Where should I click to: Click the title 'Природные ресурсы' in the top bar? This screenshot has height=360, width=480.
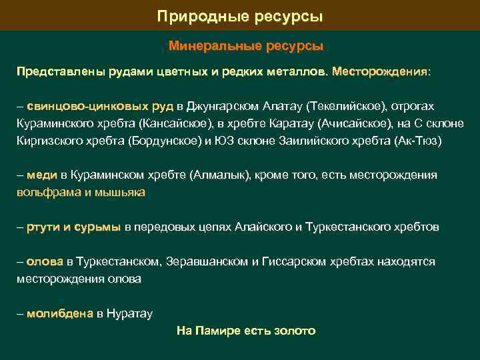pyautogui.click(x=240, y=15)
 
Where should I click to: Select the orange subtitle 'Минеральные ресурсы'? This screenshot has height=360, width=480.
pyautogui.click(x=246, y=47)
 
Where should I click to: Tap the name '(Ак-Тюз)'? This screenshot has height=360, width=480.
pyautogui.click(x=417, y=141)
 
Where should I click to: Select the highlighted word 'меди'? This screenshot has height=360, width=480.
pyautogui.click(x=43, y=175)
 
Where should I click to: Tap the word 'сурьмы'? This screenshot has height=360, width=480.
pyautogui.click(x=97, y=227)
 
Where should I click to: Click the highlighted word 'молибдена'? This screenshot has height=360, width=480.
pyautogui.click(x=60, y=313)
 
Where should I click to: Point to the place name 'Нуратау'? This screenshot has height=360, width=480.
pyautogui.click(x=130, y=313)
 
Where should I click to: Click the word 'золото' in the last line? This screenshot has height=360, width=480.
pyautogui.click(x=294, y=331)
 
